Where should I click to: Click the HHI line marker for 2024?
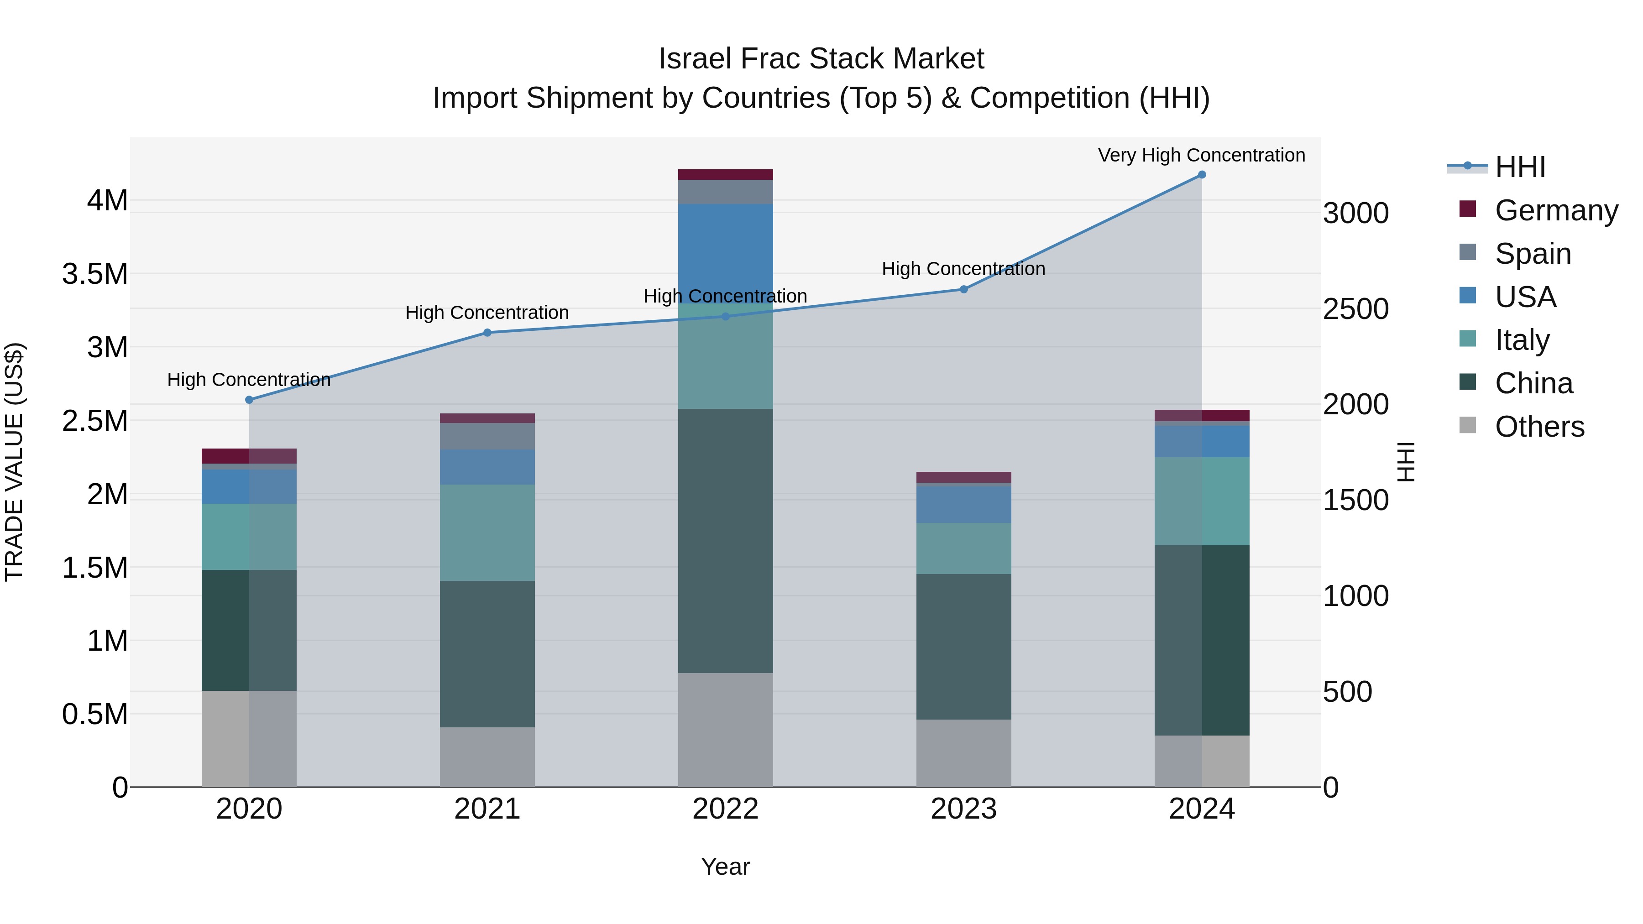[x=1202, y=175]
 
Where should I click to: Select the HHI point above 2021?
[x=487, y=332]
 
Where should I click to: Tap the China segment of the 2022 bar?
[x=725, y=541]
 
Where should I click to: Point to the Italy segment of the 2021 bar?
[x=487, y=532]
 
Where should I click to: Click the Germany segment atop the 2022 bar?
[x=725, y=175]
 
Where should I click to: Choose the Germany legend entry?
[x=1556, y=210]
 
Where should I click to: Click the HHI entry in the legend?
[x=1520, y=167]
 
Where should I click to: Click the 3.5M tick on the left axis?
[x=95, y=274]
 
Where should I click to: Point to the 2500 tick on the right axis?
[x=1355, y=309]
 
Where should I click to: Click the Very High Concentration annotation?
[x=1201, y=155]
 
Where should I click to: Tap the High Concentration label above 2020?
[x=249, y=380]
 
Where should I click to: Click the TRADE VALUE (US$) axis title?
[x=14, y=462]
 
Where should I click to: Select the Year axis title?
[x=725, y=867]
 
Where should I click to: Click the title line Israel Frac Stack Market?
[x=821, y=59]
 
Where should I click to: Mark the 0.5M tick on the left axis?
[x=95, y=714]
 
